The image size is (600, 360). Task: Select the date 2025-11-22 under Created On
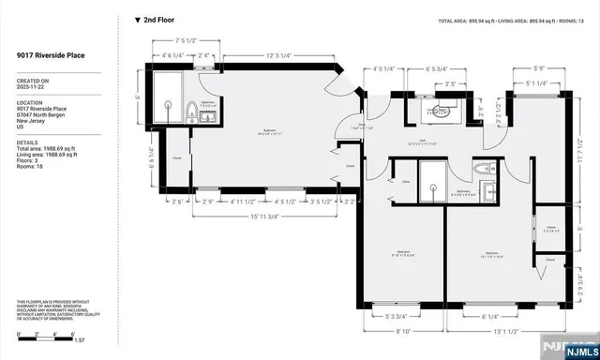(x=30, y=88)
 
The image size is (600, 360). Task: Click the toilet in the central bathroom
(x=484, y=171)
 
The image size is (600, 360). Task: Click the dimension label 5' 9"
(x=538, y=67)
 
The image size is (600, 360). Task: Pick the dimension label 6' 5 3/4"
(x=439, y=68)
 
